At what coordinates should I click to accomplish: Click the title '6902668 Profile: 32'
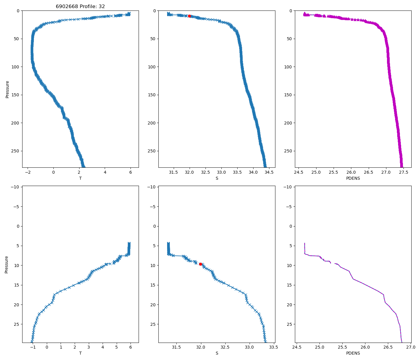click(80, 6)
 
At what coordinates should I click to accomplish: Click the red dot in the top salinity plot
click(189, 16)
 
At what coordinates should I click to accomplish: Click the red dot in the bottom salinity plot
click(200, 264)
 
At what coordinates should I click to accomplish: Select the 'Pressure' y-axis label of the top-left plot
click(7, 89)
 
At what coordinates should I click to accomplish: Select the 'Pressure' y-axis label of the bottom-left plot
click(6, 264)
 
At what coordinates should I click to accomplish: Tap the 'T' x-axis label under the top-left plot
click(80, 178)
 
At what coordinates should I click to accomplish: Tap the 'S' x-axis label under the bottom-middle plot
click(217, 353)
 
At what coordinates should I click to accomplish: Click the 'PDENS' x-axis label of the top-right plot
click(353, 178)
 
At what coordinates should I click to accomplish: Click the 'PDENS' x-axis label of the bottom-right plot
click(353, 353)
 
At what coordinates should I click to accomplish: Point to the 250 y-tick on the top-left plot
click(16, 151)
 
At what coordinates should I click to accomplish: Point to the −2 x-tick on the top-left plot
click(28, 172)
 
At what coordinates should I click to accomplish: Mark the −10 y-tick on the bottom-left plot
click(15, 187)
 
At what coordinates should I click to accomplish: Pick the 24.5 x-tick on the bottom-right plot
click(296, 347)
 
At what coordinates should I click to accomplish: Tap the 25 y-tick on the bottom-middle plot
click(153, 324)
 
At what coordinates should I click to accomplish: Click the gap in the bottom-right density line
click(333, 262)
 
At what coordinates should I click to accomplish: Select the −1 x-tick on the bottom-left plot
click(33, 347)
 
